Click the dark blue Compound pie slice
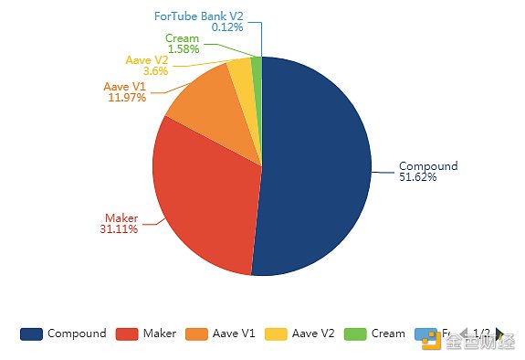point(315,164)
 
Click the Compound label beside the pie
point(428,166)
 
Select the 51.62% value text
point(418,177)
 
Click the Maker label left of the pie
point(121,218)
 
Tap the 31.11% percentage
point(119,229)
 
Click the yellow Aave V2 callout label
point(147,60)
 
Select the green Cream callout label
point(182,38)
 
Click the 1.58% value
point(184,49)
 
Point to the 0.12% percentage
point(227,27)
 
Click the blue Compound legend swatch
point(31,334)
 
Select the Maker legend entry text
point(160,334)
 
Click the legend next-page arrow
point(499,334)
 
